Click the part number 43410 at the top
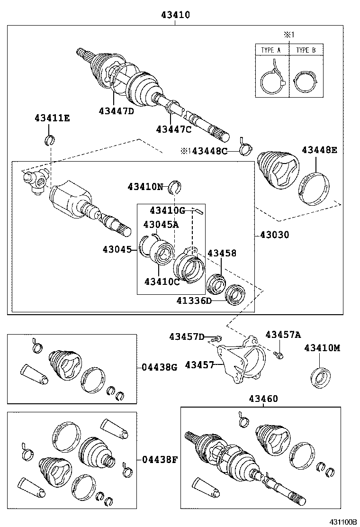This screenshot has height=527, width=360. click(175, 15)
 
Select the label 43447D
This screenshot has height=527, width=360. click(117, 111)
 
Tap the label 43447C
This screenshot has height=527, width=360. click(174, 128)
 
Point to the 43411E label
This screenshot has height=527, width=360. click(52, 118)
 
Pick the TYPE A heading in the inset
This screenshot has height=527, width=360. click(271, 50)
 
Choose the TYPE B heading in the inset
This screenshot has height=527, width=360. click(306, 50)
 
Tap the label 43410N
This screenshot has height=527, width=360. click(145, 187)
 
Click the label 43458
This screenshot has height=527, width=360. click(222, 254)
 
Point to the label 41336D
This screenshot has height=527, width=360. click(194, 300)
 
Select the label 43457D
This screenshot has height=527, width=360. click(187, 336)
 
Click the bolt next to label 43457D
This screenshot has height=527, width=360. click(216, 338)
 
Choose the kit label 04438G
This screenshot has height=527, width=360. click(159, 367)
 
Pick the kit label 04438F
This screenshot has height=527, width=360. click(159, 459)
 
